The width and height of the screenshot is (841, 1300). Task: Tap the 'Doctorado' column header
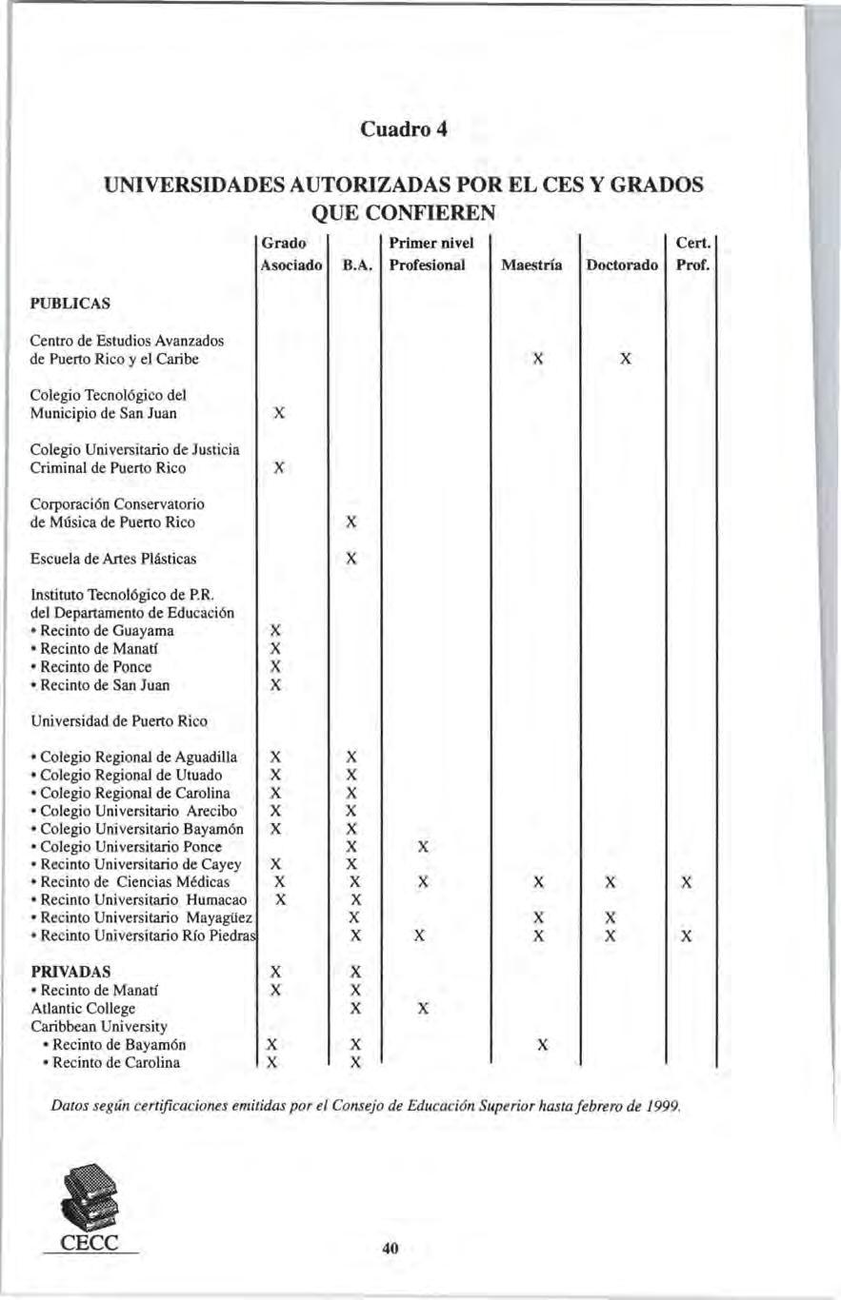click(622, 265)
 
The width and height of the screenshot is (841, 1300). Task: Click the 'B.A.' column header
click(355, 265)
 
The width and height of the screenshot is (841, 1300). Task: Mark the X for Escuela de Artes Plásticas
click(351, 559)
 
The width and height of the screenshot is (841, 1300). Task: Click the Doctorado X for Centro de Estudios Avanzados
click(625, 360)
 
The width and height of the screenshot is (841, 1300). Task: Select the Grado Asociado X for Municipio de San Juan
click(277, 413)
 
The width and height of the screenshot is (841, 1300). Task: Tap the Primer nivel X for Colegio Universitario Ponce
click(425, 846)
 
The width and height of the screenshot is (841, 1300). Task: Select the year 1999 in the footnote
click(664, 1106)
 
